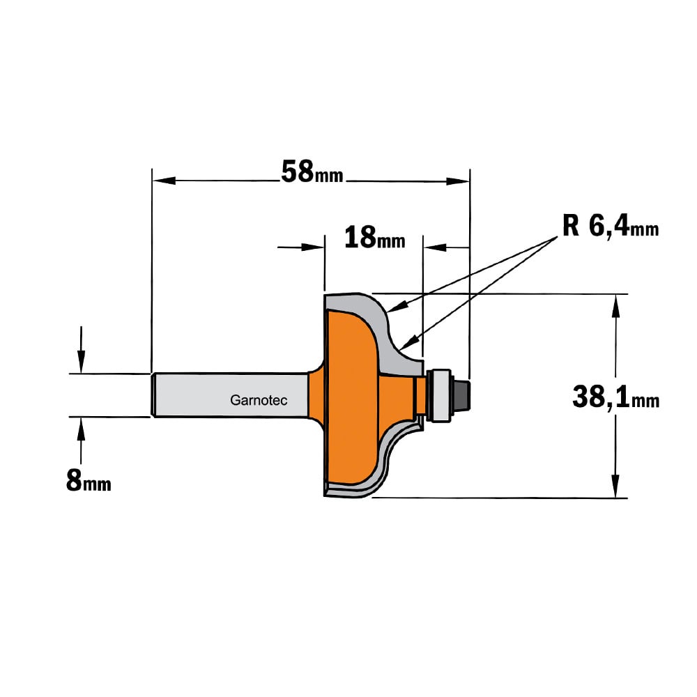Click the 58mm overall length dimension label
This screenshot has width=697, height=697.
click(x=312, y=172)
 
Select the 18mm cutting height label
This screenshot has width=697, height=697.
click(x=375, y=238)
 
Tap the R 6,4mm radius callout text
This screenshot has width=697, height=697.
click(x=611, y=227)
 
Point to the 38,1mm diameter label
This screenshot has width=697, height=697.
click(x=615, y=397)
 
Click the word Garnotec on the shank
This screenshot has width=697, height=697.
click(x=259, y=400)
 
